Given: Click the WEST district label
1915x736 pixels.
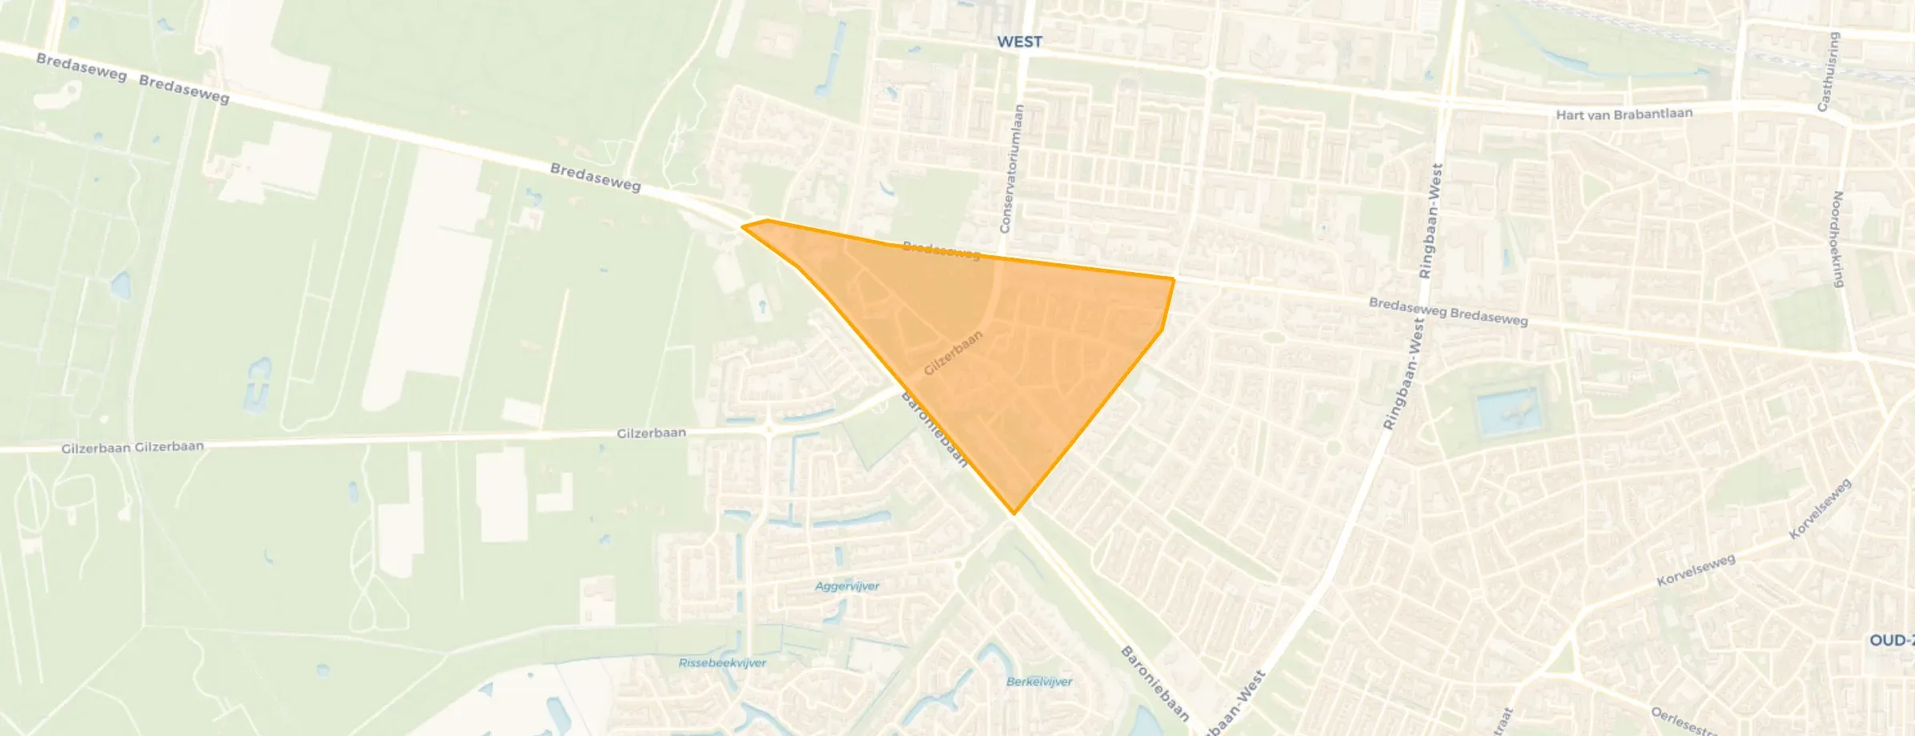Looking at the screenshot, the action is coord(1019,42).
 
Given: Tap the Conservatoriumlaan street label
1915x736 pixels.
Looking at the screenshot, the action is coord(1011,169).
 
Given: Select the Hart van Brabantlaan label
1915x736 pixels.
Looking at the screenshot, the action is coord(1624,114).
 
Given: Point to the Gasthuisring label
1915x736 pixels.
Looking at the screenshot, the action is coord(1829,72).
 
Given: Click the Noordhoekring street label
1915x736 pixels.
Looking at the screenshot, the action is coord(1838,238).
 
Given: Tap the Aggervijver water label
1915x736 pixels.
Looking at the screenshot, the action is coord(847,586).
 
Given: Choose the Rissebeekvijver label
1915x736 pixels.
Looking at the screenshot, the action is coord(722,663).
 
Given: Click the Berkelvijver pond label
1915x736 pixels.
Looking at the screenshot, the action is coord(1039,682).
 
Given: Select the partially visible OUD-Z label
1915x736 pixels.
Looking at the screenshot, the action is coord(1891,641).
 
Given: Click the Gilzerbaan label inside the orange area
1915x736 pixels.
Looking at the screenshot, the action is coord(953,353).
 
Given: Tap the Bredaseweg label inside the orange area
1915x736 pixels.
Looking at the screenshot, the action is coord(941,250).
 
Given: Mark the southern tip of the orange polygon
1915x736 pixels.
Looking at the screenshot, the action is coord(1014,514).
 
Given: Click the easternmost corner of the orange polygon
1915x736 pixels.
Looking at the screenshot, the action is coord(1174,279).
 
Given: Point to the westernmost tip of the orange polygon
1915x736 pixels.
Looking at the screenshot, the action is coord(744,226).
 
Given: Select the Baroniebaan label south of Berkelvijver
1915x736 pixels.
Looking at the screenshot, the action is coord(1155,684).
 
